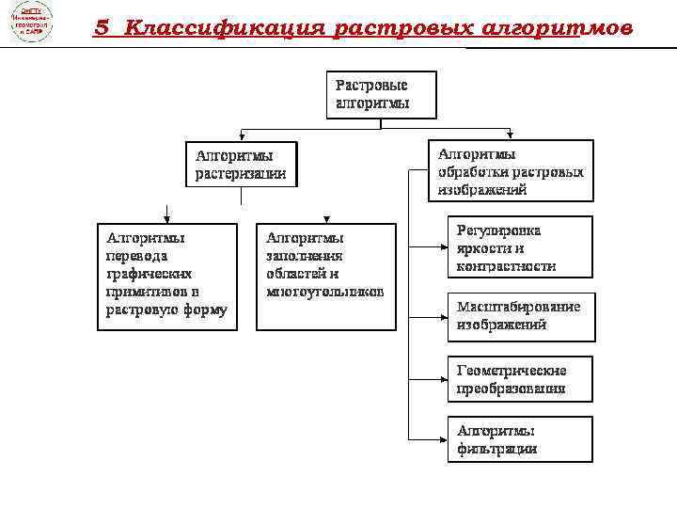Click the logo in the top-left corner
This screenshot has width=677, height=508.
pos(30,23)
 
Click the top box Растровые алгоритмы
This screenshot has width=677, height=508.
pos(381,94)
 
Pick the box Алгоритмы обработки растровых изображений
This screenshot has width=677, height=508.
pos(512,170)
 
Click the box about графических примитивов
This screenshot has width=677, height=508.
pos(167,275)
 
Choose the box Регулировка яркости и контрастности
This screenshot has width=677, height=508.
pos(519,247)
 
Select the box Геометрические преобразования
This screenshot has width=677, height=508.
pos(519,378)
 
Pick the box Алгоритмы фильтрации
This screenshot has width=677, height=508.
pos(519,439)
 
